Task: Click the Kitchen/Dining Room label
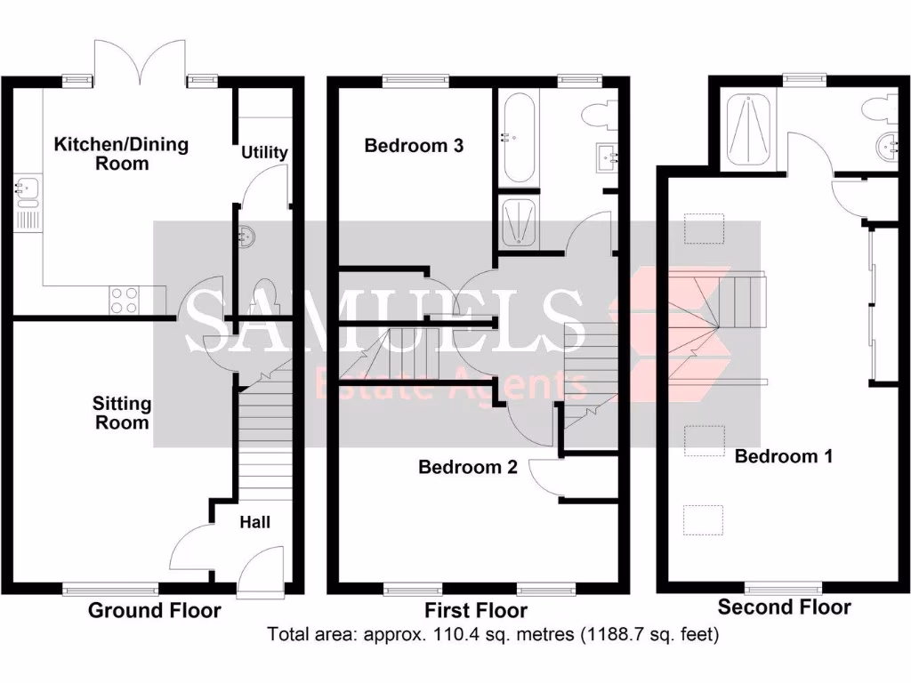pyautogui.click(x=121, y=154)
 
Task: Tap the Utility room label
pyautogui.click(x=264, y=152)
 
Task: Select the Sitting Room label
pyautogui.click(x=122, y=413)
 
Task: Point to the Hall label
pyautogui.click(x=254, y=522)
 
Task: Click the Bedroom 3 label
pyautogui.click(x=414, y=146)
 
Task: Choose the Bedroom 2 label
pyautogui.click(x=468, y=467)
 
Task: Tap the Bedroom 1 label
pyautogui.click(x=784, y=456)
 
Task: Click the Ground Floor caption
pyautogui.click(x=154, y=610)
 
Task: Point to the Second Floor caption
pyautogui.click(x=784, y=607)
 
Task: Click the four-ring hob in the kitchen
pyautogui.click(x=125, y=300)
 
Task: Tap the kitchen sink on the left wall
pyautogui.click(x=23, y=189)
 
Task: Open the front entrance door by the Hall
pyautogui.click(x=261, y=569)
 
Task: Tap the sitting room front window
pyautogui.click(x=110, y=588)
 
